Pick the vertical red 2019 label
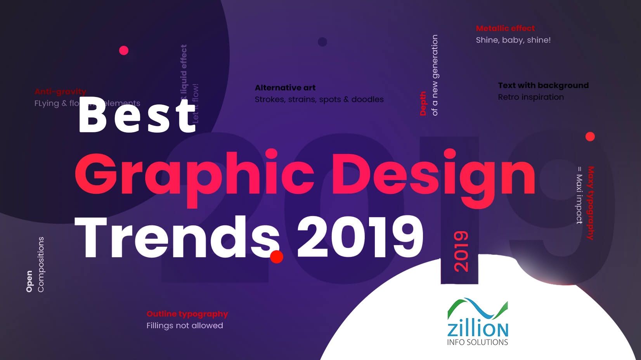[x=461, y=251]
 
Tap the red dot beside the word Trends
[x=277, y=256]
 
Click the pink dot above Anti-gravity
[x=124, y=50]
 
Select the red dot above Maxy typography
[x=590, y=137]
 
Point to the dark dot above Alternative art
[x=322, y=42]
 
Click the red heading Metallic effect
[x=505, y=28]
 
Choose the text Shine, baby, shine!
[x=513, y=40]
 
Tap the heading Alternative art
[x=285, y=88]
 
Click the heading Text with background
[x=543, y=85]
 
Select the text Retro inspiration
[x=531, y=97]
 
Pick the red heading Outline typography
[x=187, y=314]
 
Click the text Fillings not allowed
[x=185, y=325]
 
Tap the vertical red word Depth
[x=423, y=104]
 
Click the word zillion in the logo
[x=478, y=329]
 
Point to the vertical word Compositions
[x=41, y=264]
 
